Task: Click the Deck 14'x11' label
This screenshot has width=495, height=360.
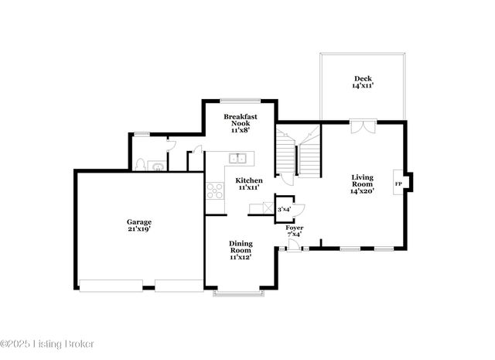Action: click(x=363, y=82)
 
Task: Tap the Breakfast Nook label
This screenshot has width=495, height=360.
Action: click(x=241, y=124)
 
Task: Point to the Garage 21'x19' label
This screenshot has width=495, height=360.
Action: click(x=139, y=225)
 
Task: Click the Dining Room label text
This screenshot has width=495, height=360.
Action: click(x=241, y=250)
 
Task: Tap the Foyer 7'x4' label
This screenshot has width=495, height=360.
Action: click(x=295, y=230)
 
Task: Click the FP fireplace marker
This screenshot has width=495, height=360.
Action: click(x=398, y=183)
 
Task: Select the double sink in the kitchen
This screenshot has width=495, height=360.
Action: click(x=237, y=159)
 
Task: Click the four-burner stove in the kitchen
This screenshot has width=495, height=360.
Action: click(x=214, y=190)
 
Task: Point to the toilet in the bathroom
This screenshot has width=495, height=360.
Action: click(x=141, y=164)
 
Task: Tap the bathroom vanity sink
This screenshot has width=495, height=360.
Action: click(x=158, y=165)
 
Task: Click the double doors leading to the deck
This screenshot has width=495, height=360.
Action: click(x=362, y=127)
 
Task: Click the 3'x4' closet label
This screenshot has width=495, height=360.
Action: click(x=285, y=209)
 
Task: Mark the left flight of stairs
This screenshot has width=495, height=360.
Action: click(x=286, y=155)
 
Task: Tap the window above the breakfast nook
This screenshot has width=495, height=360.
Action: click(x=240, y=101)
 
